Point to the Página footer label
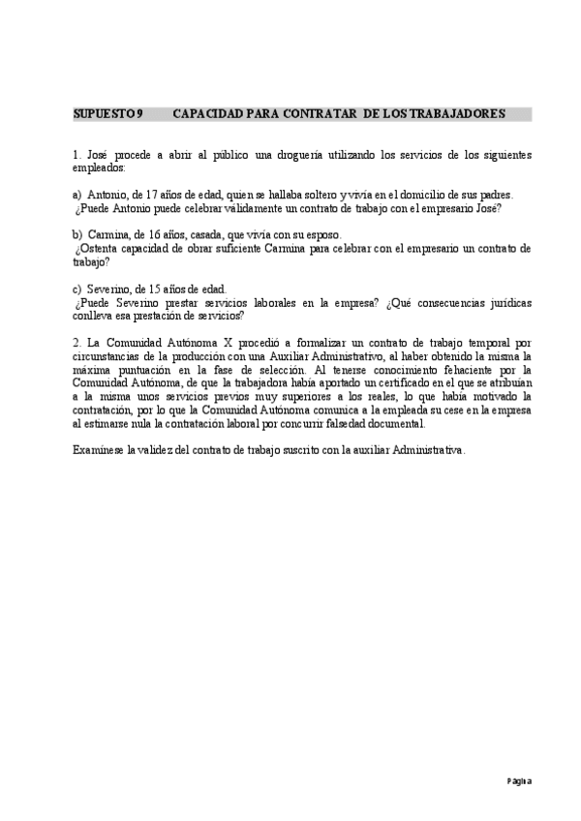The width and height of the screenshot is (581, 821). [x=517, y=780]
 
